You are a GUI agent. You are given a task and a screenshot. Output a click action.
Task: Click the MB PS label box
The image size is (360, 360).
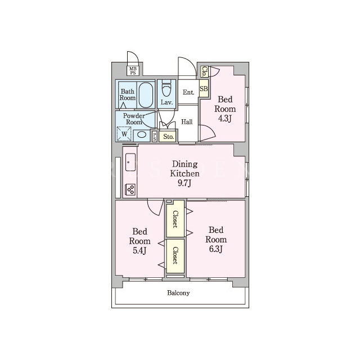[133, 71]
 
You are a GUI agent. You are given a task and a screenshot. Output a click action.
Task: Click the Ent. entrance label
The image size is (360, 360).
[188, 92]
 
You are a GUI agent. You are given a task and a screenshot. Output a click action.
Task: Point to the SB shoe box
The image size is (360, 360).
[204, 88]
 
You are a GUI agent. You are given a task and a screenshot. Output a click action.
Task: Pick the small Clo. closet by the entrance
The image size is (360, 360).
[204, 71]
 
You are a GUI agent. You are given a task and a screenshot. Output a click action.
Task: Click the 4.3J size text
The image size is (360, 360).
[224, 119]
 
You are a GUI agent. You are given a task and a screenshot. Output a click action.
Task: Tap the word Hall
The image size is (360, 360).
[187, 121]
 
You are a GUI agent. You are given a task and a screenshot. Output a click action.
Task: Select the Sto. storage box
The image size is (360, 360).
[168, 137]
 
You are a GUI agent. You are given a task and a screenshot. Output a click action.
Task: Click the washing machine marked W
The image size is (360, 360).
[124, 134]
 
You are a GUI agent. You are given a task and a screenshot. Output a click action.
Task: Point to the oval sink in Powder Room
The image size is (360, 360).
[141, 134]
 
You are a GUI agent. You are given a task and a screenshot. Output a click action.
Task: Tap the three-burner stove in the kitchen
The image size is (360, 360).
[130, 190]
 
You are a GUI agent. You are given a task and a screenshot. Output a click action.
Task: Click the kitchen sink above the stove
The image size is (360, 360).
[130, 162]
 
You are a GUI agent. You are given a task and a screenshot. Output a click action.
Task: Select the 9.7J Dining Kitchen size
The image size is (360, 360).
[184, 183]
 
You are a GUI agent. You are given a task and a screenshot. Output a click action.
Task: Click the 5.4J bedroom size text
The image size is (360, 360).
[139, 250]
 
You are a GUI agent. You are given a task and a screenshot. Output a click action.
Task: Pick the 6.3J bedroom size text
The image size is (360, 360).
[216, 249]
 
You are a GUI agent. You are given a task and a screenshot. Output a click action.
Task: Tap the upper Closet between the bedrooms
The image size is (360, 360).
[175, 219]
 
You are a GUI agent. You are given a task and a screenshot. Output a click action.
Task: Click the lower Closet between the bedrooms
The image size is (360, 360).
[175, 256]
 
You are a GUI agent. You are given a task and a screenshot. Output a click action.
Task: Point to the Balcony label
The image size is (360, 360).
[178, 293]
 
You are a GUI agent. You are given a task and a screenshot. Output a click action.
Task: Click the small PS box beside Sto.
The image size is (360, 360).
[155, 137]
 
